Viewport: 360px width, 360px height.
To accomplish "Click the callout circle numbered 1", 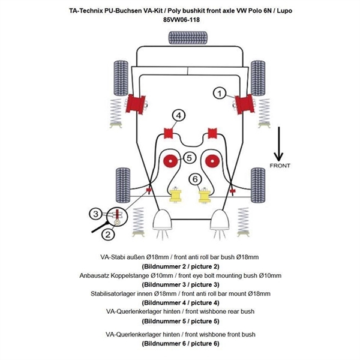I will coord(220,92).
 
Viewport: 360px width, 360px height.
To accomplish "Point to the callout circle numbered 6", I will coord(194,178).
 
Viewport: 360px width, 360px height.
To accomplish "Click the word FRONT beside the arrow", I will coord(280,166).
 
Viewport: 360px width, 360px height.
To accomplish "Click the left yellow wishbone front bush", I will coord(176,196).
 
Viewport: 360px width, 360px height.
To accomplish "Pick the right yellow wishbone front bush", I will coord(204,196).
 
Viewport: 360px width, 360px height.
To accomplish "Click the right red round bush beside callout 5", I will coord(211,161).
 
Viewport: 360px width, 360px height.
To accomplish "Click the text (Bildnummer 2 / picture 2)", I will coord(181,266).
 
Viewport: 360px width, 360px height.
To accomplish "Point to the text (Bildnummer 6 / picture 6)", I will coord(181,344).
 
